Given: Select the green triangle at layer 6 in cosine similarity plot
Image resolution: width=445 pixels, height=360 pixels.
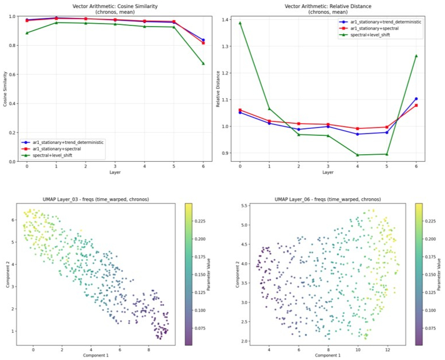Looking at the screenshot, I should pyautogui.click(x=203, y=64).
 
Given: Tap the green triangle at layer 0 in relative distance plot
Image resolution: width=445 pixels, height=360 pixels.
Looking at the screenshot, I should pyautogui.click(x=240, y=23).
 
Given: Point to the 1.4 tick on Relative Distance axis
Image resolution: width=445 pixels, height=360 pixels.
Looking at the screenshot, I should pyautogui.click(x=225, y=20).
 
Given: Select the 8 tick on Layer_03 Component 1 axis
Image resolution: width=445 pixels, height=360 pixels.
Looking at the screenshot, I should pyautogui.click(x=149, y=350).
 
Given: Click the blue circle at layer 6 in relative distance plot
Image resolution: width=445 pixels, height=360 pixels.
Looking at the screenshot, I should pyautogui.click(x=416, y=99).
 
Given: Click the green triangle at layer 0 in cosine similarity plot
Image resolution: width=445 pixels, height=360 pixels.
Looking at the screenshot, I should pyautogui.click(x=27, y=33).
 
